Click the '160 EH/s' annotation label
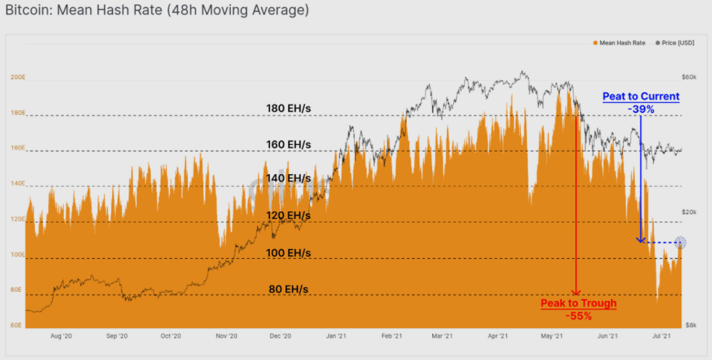click(x=288, y=145)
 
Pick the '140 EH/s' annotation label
click(x=288, y=178)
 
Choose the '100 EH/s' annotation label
click(x=288, y=253)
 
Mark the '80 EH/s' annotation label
click(x=288, y=288)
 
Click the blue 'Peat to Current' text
click(x=641, y=96)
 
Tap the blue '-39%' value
click(x=641, y=109)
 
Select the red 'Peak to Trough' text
click(x=579, y=303)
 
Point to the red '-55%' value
click(x=578, y=316)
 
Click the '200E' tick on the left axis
click(x=18, y=77)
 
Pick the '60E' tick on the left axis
click(x=16, y=326)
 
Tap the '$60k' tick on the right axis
click(x=689, y=77)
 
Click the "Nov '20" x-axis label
click(x=226, y=337)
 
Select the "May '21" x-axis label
click(x=553, y=337)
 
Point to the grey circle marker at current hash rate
click(x=680, y=243)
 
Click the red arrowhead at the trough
click(x=576, y=293)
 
